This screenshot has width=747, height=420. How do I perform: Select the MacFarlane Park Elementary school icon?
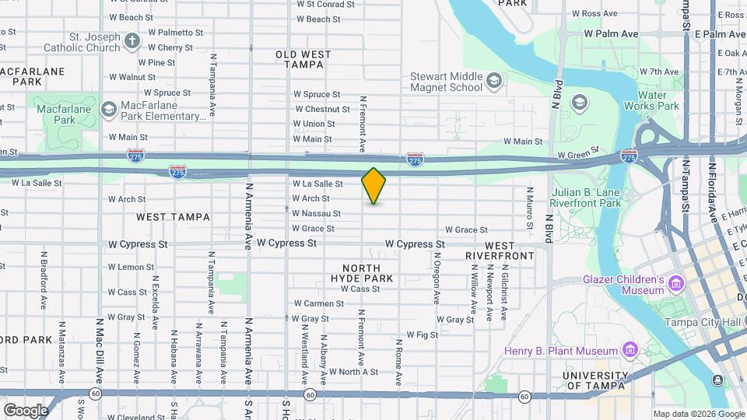click(x=108, y=107)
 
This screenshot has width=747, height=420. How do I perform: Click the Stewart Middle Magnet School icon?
click(x=493, y=79)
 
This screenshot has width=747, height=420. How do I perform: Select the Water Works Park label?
click(x=658, y=100)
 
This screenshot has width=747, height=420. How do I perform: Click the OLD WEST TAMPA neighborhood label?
click(x=303, y=60)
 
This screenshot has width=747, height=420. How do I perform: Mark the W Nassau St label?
click(x=316, y=213)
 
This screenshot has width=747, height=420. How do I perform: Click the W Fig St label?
click(x=423, y=335)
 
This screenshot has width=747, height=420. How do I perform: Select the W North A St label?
click(x=353, y=372)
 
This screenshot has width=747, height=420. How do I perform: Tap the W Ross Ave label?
click(x=594, y=13)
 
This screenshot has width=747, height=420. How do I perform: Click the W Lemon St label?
click(x=131, y=267)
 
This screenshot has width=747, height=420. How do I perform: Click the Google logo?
click(x=26, y=410)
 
